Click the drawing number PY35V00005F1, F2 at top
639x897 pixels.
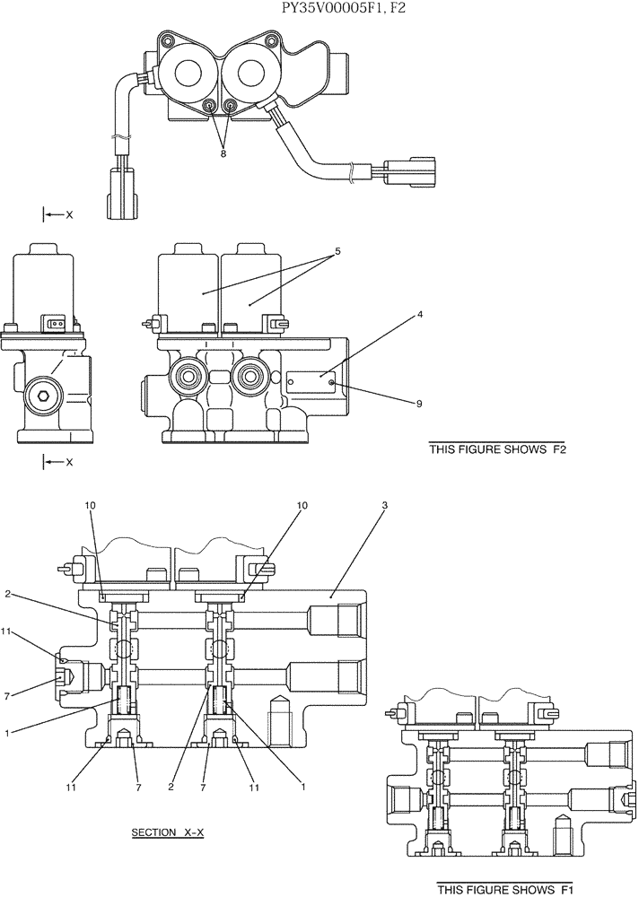point(319,10)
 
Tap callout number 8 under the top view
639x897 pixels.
point(223,153)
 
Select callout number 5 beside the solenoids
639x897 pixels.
point(337,252)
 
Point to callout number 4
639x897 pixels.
point(419,315)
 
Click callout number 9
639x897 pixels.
point(418,404)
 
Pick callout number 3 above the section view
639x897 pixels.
point(384,506)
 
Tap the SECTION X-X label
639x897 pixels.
point(168,832)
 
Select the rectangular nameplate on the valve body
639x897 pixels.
point(312,382)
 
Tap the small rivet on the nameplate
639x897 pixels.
point(332,383)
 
